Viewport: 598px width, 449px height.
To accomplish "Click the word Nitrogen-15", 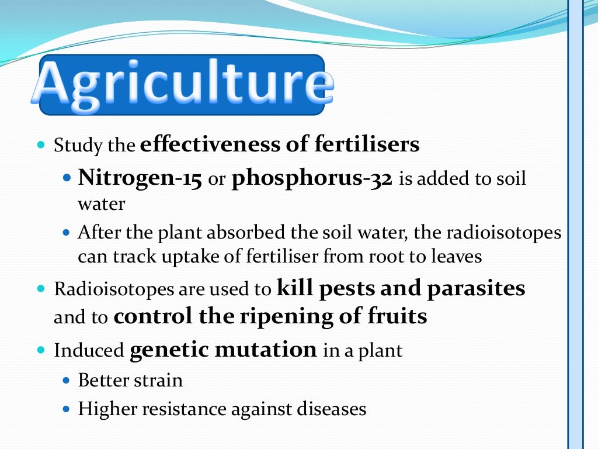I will (140, 178).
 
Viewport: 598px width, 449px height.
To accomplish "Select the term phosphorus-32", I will (312, 178).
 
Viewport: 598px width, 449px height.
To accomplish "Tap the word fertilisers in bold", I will (367, 144).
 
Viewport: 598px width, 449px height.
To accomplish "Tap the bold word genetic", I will (169, 350).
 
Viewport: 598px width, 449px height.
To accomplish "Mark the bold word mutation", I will (266, 350).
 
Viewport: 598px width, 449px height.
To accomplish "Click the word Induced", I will (89, 351).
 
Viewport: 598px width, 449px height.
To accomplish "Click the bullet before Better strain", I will (66, 381).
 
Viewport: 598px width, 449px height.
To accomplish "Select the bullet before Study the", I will (41, 144).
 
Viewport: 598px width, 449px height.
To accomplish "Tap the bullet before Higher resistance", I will (66, 409).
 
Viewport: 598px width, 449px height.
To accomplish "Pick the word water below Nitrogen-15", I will (102, 204).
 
